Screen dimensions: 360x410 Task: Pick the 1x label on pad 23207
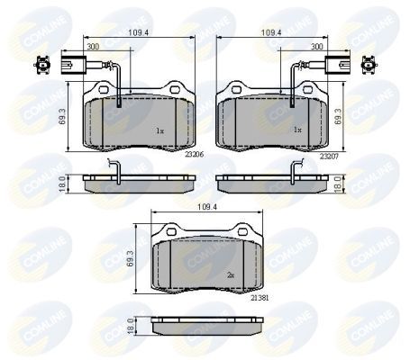click(x=296, y=130)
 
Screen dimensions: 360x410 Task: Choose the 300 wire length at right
click(x=317, y=45)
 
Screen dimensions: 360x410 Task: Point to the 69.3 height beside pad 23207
click(x=340, y=117)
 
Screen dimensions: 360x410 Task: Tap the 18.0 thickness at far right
click(x=340, y=181)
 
